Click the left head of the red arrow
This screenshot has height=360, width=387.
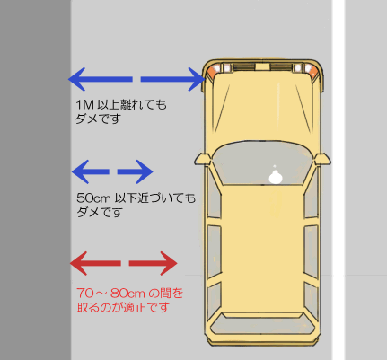pos(78,263)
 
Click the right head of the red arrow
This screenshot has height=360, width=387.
pos(169,263)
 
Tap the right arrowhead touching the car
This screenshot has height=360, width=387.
pos(197,79)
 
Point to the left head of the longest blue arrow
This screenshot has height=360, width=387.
pos(76,79)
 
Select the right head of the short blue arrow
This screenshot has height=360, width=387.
pos(145,171)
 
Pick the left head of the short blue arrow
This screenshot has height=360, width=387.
pos(81,171)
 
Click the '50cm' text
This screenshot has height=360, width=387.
pos(94,198)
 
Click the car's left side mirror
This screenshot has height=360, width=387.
pos(203,159)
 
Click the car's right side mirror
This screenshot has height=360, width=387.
pos(322,159)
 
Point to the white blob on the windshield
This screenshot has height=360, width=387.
pos(276,177)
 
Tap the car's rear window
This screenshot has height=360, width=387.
pos(263,323)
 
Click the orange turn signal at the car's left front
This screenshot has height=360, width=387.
pos(213,71)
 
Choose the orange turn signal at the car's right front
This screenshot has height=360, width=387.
pos(312,71)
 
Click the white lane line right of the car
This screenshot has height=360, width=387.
pos(339,180)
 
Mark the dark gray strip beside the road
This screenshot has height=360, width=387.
pos(35,180)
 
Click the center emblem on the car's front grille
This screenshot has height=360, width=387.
pos(262,66)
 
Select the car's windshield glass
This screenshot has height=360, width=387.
pos(263,163)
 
